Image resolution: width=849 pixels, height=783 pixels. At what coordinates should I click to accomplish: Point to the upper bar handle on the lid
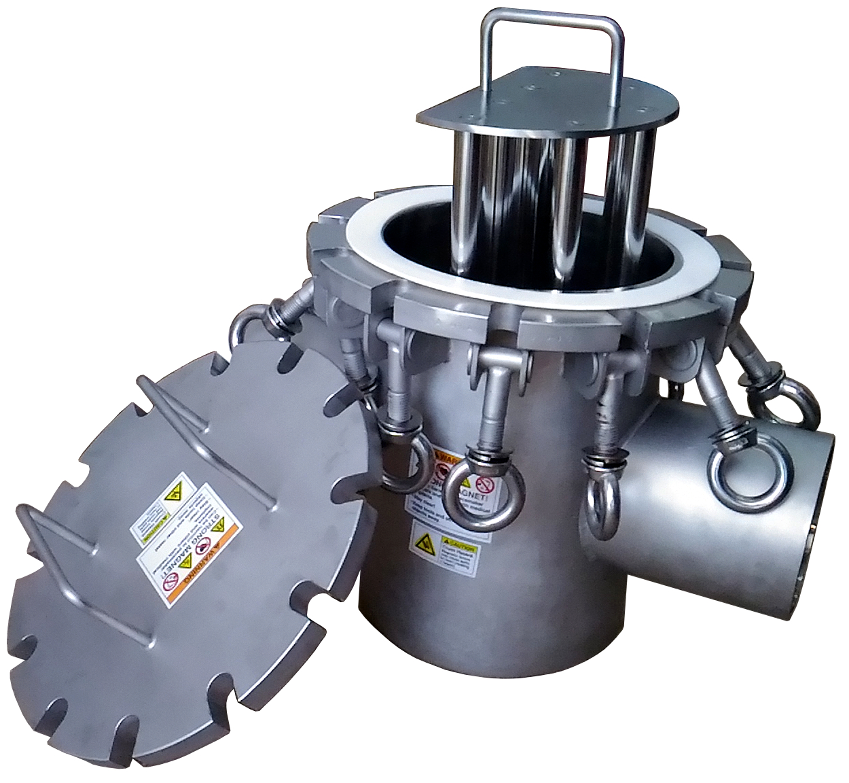197,435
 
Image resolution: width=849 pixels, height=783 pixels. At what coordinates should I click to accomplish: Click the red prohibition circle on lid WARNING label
204,547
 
